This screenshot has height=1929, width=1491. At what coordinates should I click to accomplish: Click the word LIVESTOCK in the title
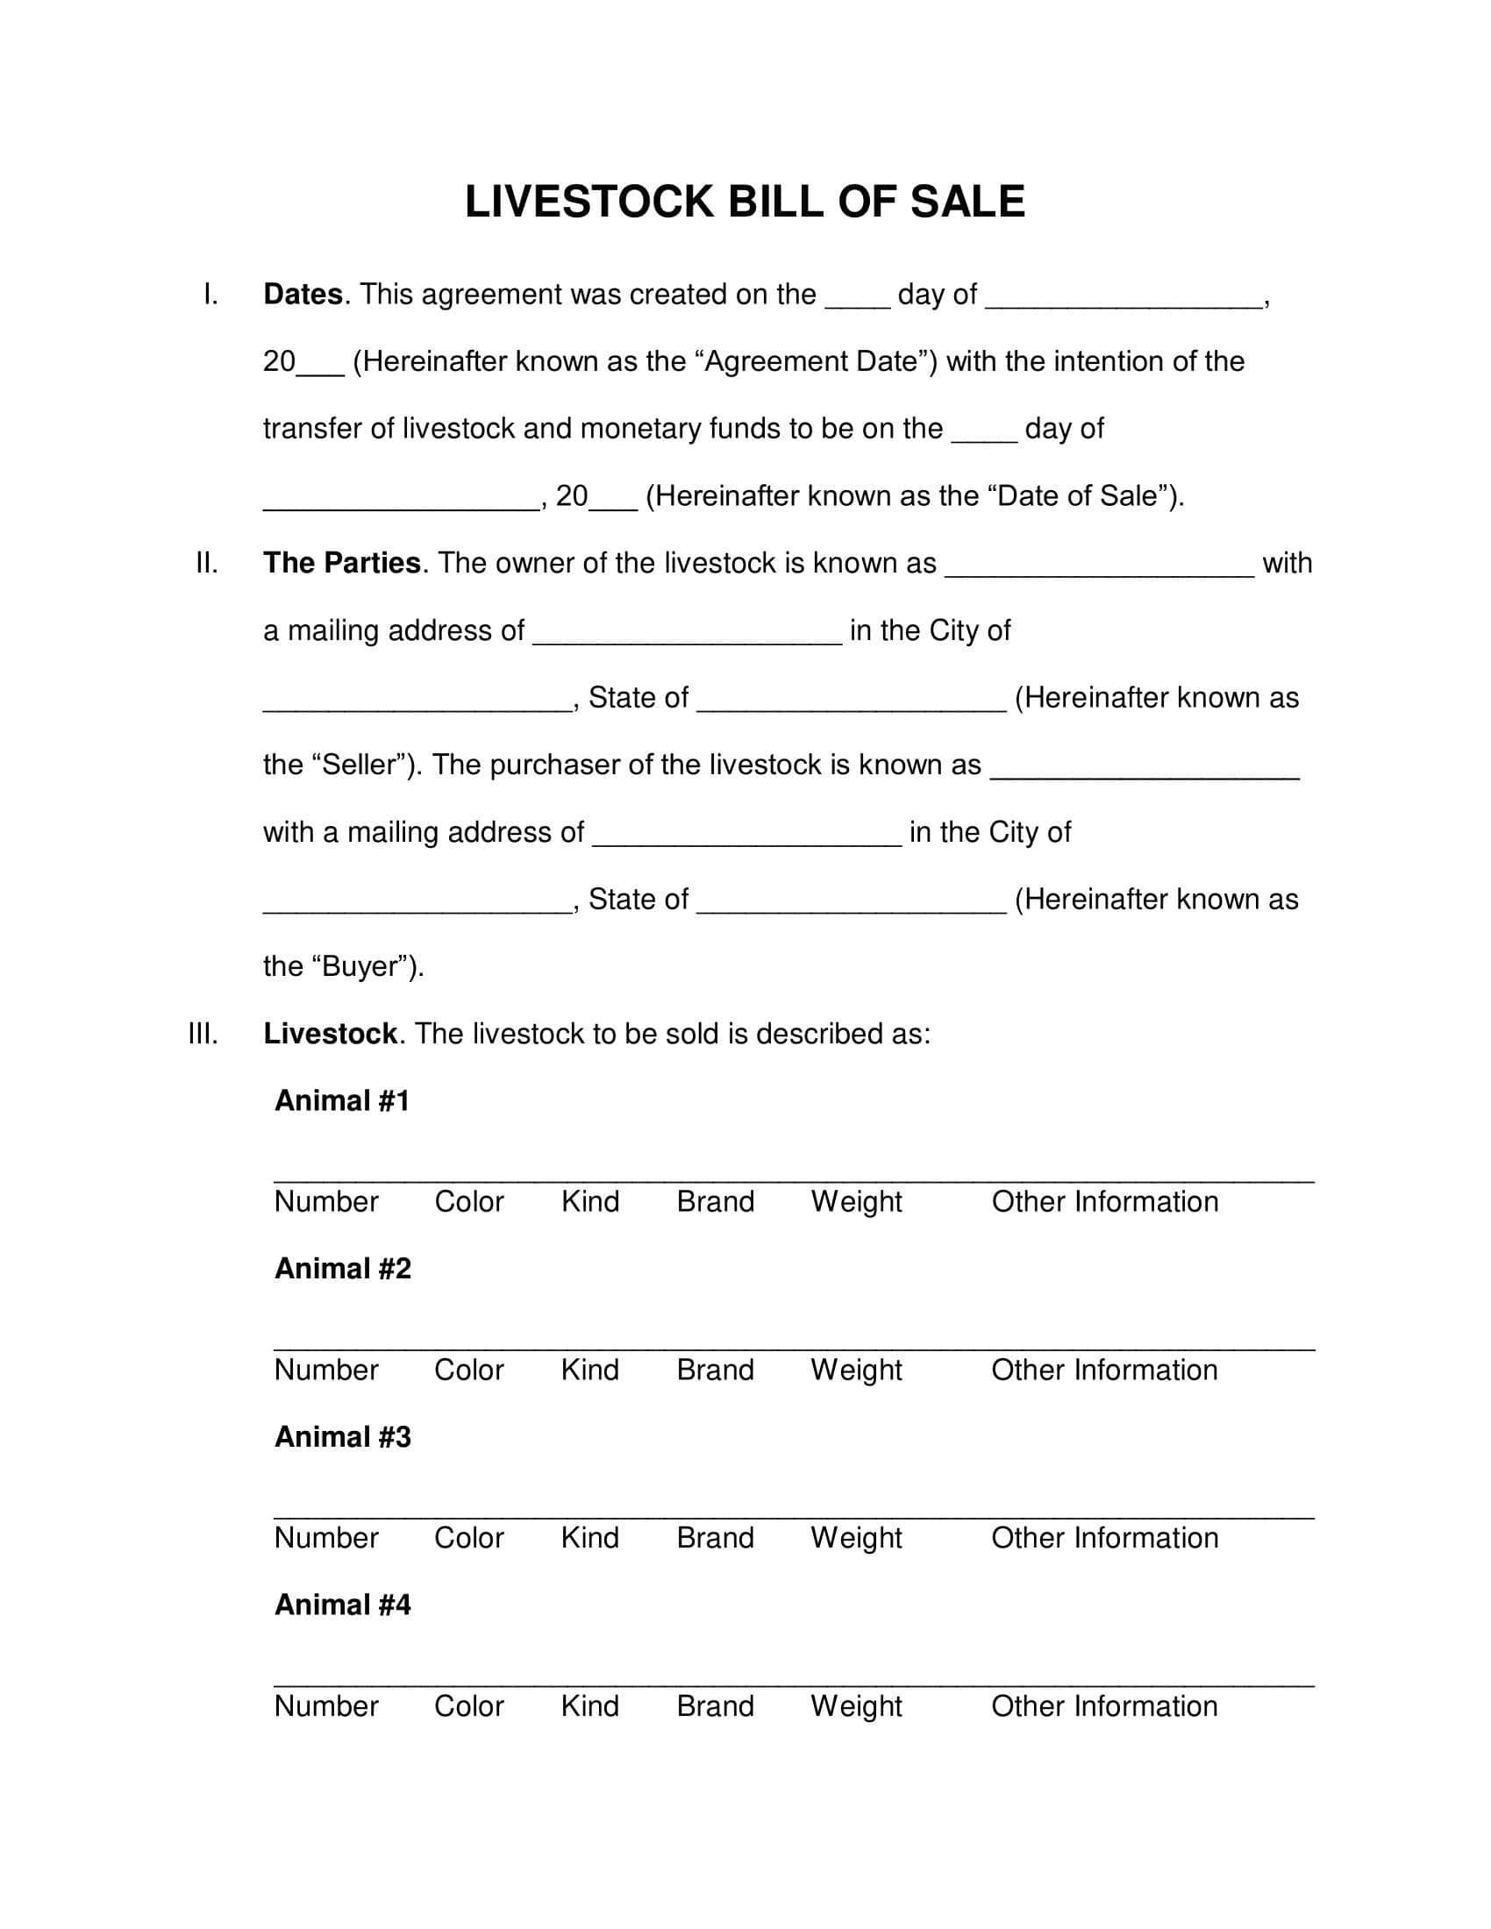coord(589,203)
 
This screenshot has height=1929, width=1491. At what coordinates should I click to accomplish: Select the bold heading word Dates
coord(303,295)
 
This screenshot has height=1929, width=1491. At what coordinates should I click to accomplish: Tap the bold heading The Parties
coord(342,564)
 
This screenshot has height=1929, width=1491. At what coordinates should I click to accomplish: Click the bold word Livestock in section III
coord(331,1035)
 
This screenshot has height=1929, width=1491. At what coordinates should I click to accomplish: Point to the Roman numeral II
coord(207,564)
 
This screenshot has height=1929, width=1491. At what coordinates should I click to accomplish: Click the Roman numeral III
coord(203,1035)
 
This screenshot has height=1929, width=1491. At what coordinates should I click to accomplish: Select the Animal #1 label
coord(342,1101)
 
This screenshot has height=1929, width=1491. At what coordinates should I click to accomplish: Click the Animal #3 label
coord(343,1437)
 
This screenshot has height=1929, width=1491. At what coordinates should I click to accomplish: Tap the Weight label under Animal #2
coord(856,1370)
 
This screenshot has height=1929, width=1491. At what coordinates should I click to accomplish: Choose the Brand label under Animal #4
coord(715,1705)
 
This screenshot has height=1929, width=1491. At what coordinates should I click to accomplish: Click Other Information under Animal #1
coord(1104,1202)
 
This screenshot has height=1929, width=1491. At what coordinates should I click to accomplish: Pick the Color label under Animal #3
coord(468,1538)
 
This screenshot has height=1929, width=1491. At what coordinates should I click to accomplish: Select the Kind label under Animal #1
coord(590,1202)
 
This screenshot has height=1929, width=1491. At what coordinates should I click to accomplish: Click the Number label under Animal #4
coord(326,1705)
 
